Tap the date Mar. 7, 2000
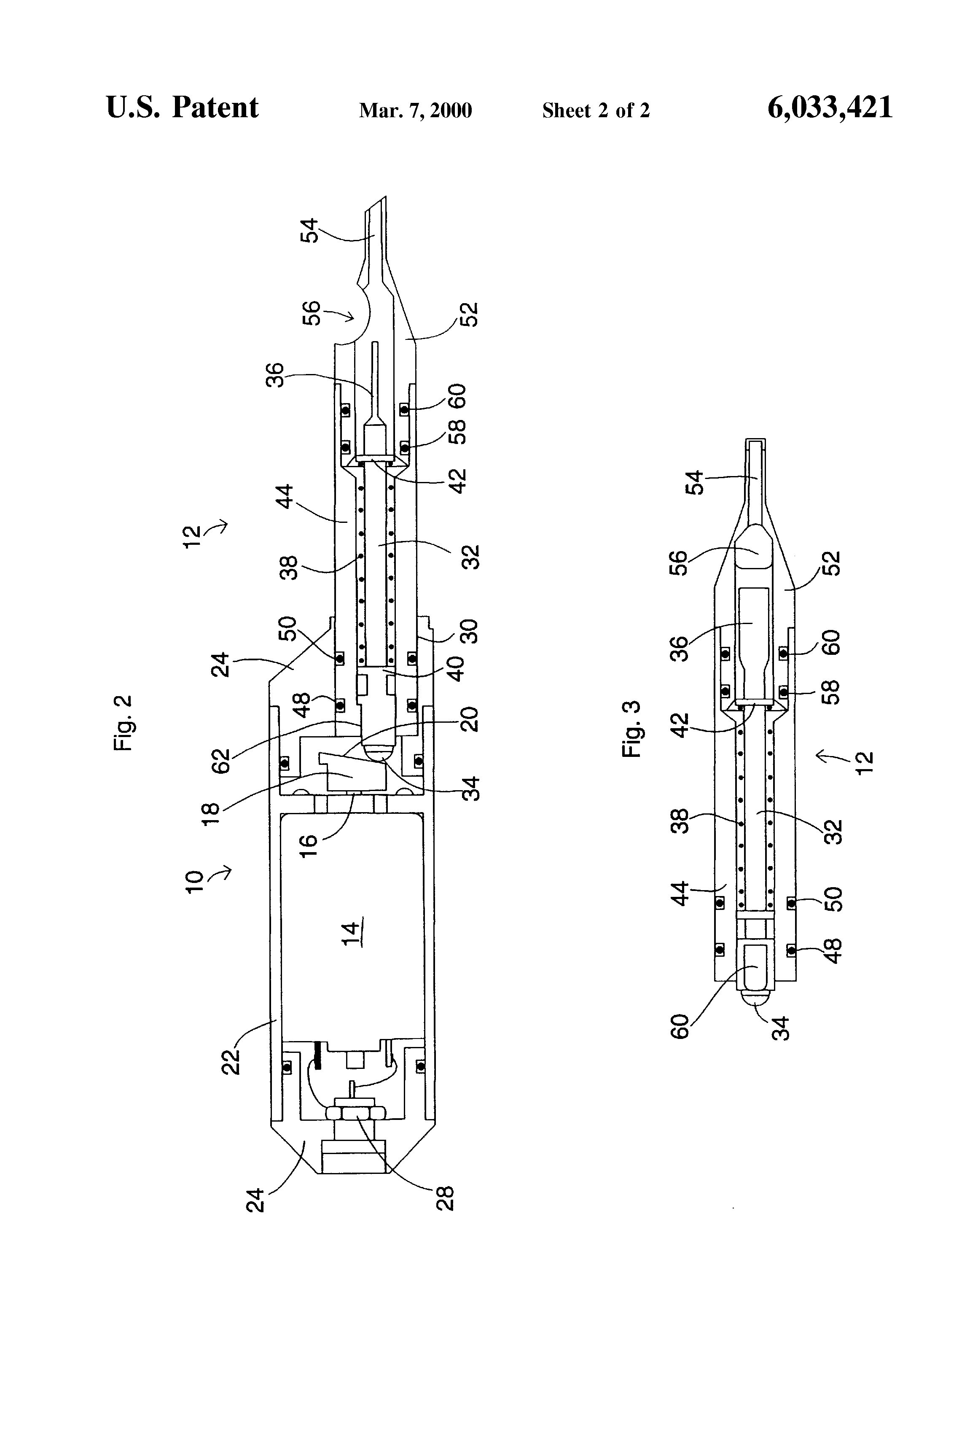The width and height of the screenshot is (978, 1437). tap(415, 110)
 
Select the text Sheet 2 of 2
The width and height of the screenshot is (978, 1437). tap(596, 110)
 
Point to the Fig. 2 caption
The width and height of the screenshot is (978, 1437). tap(123, 723)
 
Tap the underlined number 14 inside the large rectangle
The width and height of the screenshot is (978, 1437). tap(351, 933)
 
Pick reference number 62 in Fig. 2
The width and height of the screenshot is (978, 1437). tap(221, 761)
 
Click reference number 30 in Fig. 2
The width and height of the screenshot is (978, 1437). tap(470, 631)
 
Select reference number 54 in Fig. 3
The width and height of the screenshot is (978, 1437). tap(695, 482)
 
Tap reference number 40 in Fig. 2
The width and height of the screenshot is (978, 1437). tap(456, 669)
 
